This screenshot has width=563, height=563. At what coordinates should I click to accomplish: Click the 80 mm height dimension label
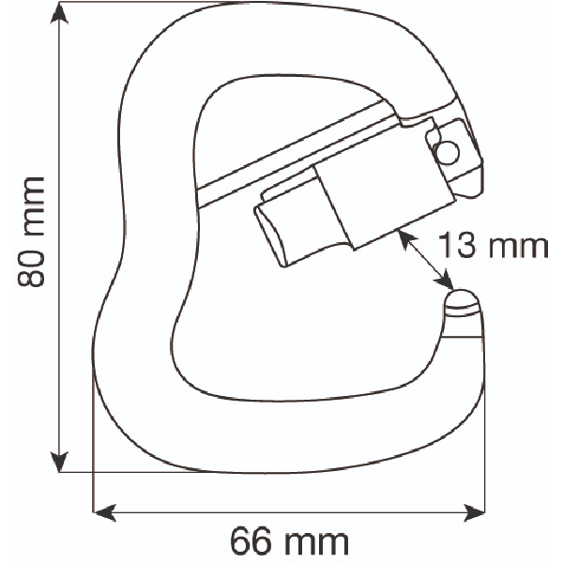tap(32, 232)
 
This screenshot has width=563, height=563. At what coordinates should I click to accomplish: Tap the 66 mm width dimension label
tap(289, 541)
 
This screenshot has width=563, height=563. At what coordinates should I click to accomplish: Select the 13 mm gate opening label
tap(493, 246)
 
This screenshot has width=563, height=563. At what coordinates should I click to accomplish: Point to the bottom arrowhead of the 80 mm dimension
tap(59, 462)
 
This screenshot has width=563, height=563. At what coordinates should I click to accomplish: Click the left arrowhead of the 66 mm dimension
tap(104, 512)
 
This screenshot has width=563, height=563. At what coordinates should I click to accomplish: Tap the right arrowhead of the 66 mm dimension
tap(474, 512)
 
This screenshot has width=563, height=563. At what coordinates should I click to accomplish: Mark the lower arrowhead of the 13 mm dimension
tap(447, 279)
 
